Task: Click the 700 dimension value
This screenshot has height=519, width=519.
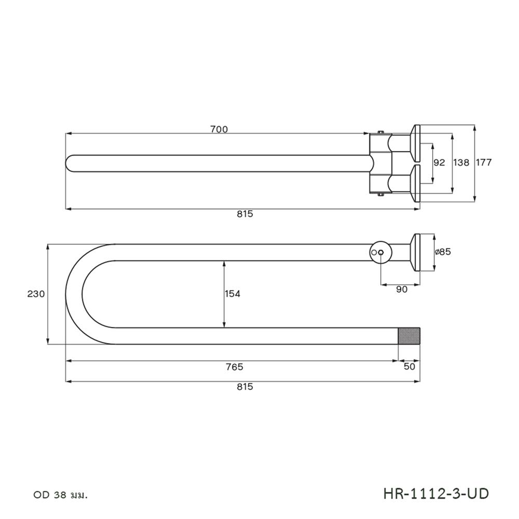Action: coord(219,130)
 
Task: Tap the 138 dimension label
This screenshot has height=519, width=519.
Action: coord(461,162)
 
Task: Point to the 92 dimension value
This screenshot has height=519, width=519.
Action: coord(439,162)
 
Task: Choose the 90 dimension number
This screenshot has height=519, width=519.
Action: coord(401,290)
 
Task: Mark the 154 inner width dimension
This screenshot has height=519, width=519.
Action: coord(232,294)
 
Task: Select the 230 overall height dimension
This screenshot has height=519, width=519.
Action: coord(36,294)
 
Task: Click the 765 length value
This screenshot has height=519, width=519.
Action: coord(234,367)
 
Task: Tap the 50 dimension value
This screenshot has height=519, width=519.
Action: coord(409,367)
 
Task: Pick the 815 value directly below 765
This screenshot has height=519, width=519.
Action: coord(244,387)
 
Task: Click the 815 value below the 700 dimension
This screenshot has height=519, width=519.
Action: coord(244,214)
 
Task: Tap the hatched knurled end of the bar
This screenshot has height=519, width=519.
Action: coord(408,336)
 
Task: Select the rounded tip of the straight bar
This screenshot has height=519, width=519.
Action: coord(71,162)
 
